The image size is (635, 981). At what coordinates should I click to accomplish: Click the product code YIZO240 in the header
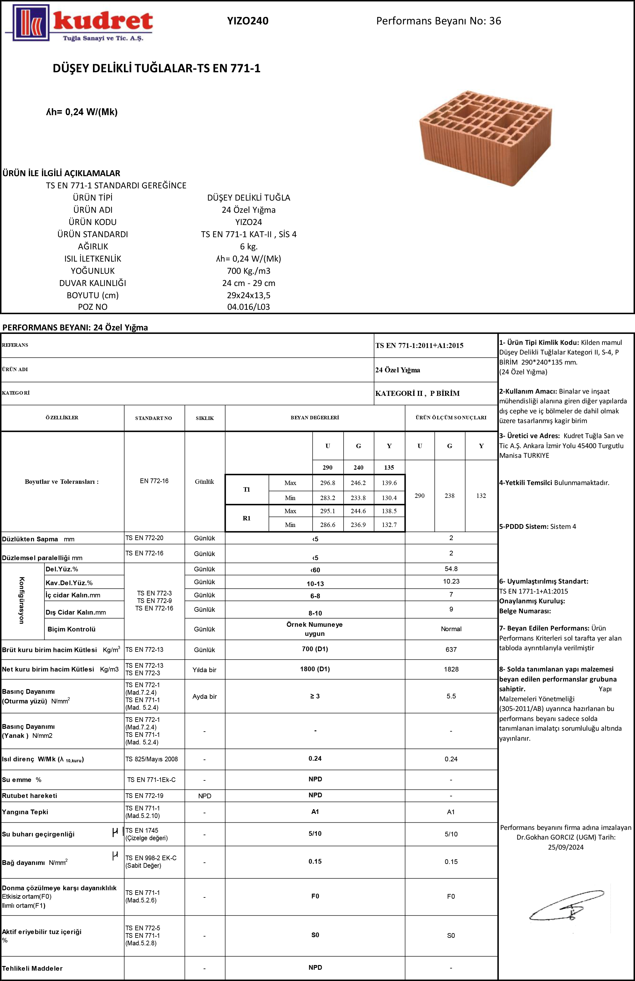[x=248, y=21]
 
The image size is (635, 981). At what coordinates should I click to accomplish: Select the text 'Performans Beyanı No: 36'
[x=438, y=21]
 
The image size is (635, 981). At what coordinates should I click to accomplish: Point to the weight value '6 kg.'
[x=248, y=247]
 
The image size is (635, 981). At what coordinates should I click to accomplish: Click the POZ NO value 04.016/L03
[x=248, y=307]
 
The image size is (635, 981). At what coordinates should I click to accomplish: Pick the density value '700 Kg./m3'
[x=248, y=271]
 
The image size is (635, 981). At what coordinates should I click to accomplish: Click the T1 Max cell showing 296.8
[x=327, y=483]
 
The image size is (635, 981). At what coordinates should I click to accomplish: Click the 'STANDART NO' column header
[x=153, y=418]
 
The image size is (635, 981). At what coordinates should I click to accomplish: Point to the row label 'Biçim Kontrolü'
[x=71, y=629]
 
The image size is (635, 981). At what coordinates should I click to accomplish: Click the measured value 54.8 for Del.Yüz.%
[x=451, y=569]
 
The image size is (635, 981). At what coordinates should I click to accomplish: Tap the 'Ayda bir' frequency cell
[x=204, y=696]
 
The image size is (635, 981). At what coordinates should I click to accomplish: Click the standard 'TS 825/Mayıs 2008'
[x=152, y=759]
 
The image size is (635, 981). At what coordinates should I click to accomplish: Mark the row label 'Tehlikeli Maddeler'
[x=32, y=968]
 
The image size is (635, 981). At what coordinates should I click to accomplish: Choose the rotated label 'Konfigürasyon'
[x=22, y=600]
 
